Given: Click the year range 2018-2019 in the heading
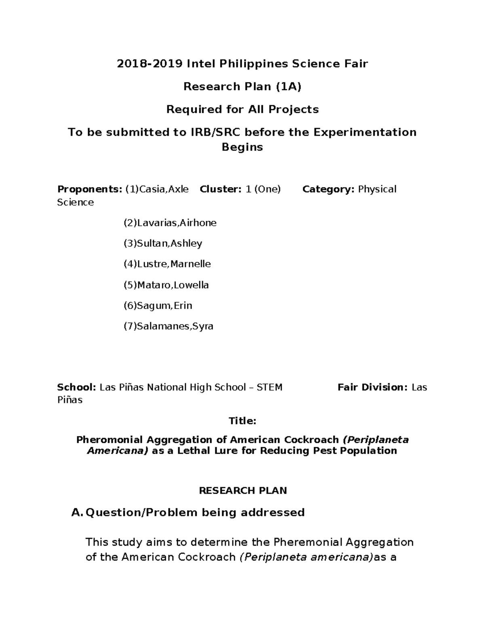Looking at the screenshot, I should (149, 64).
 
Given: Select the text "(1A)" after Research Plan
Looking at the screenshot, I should (288, 87).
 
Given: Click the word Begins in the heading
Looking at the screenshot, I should (242, 147).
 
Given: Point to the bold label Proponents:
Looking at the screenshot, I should (89, 189).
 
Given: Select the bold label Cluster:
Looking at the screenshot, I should (221, 189).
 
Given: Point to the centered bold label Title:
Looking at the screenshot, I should (242, 421).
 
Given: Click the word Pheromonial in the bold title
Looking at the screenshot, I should (110, 440).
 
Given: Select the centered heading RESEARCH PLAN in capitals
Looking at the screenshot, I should (242, 491).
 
